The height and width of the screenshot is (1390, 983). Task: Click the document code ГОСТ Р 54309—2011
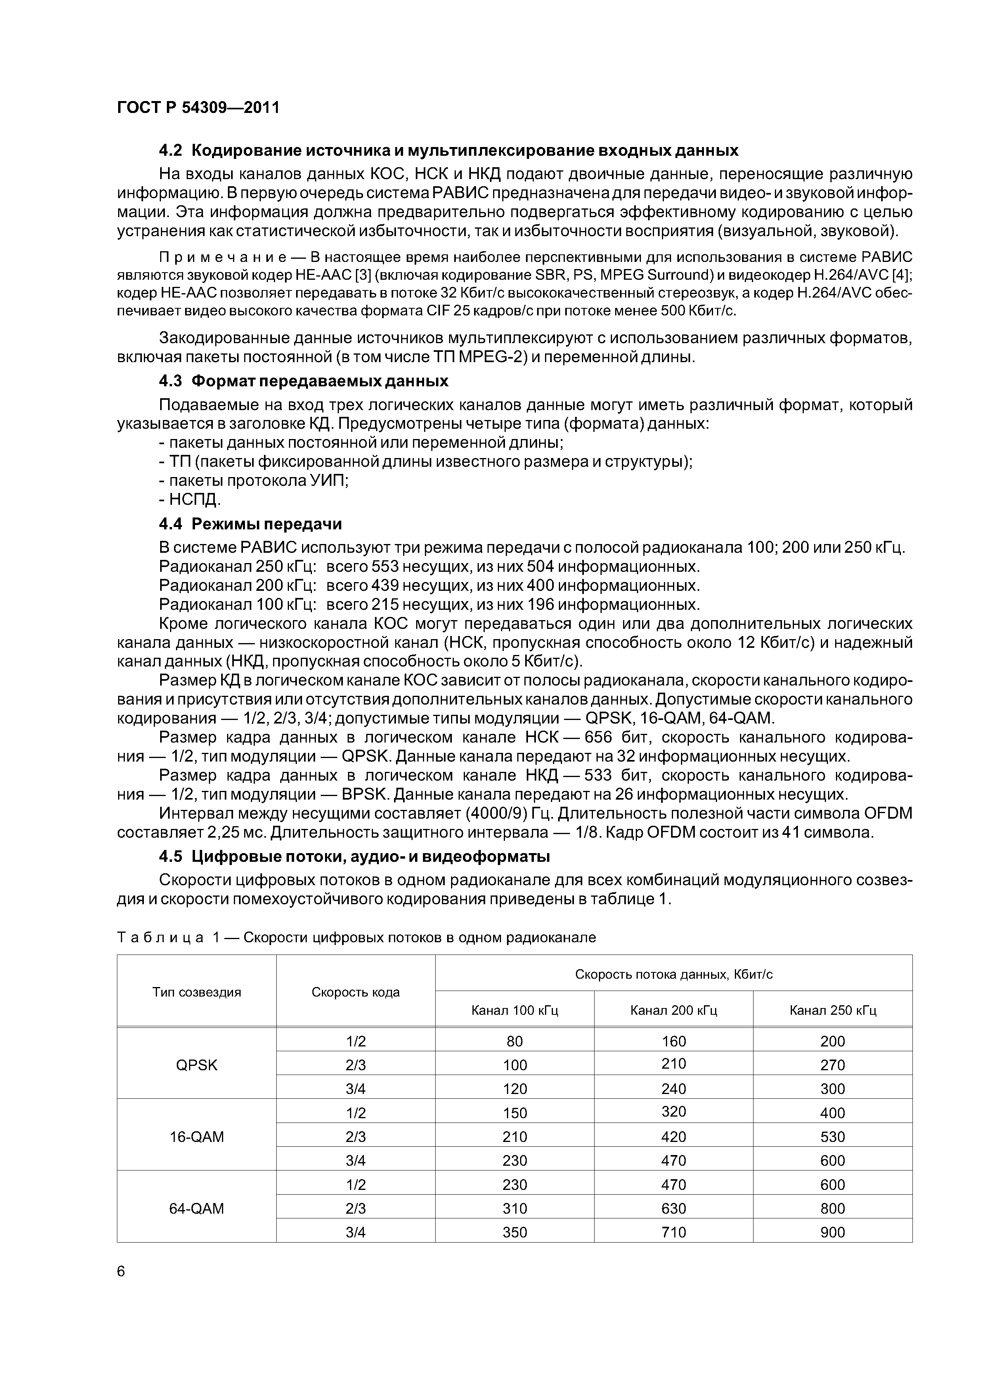[198, 108]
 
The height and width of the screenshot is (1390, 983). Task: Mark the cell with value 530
[832, 1137]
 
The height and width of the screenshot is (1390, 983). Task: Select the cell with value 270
[832, 1065]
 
